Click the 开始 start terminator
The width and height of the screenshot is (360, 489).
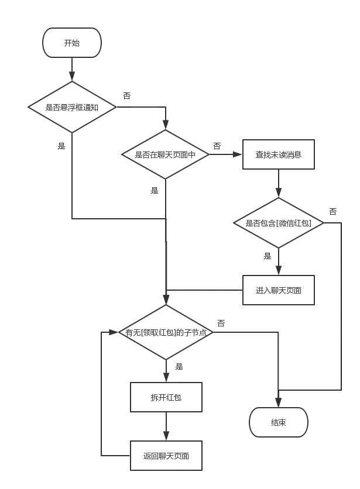[72, 43]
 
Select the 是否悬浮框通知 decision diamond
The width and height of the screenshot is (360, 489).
[72, 107]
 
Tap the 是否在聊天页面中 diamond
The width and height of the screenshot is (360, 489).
[166, 155]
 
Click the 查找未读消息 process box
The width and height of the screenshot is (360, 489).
[279, 155]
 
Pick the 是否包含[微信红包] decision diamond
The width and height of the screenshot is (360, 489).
[279, 223]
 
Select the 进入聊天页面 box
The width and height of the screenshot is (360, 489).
[279, 290]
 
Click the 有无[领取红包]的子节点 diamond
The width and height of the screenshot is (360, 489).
[166, 332]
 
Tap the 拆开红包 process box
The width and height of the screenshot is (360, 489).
[166, 398]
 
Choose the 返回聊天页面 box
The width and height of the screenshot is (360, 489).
[166, 456]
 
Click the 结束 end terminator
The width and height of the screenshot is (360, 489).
[279, 422]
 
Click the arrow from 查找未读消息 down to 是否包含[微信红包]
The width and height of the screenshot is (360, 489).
[279, 185]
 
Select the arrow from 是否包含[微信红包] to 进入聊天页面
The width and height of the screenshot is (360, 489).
[279, 261]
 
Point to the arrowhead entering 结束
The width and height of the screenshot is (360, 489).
[279, 402]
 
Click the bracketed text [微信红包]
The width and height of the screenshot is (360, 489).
[300, 223]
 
